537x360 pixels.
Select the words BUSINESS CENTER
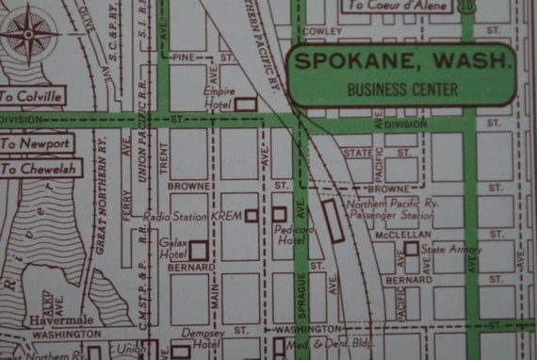pyautogui.click(x=402, y=90)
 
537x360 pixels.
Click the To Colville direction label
pyautogui.click(x=31, y=96)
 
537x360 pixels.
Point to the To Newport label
pyautogui.click(x=36, y=143)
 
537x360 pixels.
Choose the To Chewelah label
pyautogui.click(x=39, y=169)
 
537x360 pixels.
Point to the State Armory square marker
pyautogui.click(x=412, y=249)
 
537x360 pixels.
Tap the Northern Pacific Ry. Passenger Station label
pyautogui.click(x=387, y=209)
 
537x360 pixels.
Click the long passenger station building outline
pyautogui.click(x=332, y=221)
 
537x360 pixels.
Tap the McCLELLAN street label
pyautogui.click(x=377, y=235)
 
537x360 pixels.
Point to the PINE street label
pyautogui.click(x=184, y=57)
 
